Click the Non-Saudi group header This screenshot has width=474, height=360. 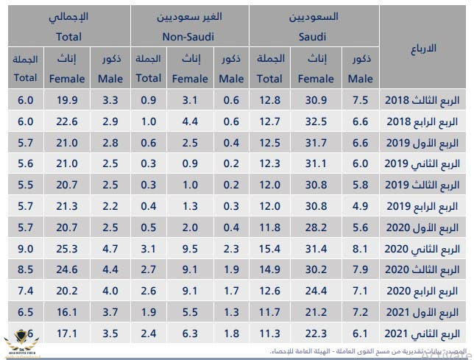click(x=190, y=25)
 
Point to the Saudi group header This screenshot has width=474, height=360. click(x=315, y=25)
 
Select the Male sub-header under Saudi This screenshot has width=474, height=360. click(x=360, y=68)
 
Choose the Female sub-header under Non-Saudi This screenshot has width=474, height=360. click(x=188, y=68)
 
